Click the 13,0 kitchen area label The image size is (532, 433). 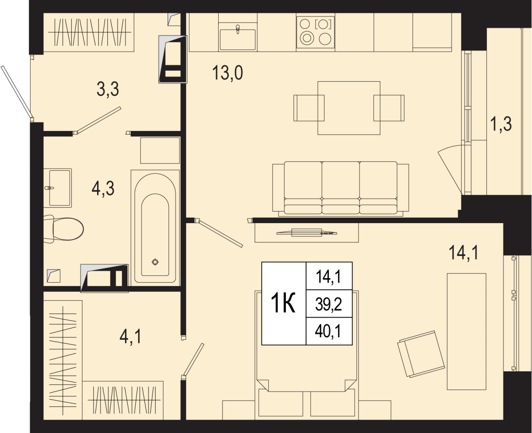pos(227,73)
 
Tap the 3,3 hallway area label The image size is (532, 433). pos(108,89)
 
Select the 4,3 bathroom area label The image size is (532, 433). pos(103,189)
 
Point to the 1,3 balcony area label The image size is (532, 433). pos(501,124)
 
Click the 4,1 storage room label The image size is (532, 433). pos(130,337)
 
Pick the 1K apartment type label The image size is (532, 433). pos(283,303)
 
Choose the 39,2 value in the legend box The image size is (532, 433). pos(329,305)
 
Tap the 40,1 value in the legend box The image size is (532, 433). pos(328,331)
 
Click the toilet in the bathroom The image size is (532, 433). pos(63,229)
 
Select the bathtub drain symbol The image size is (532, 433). pos(155,262)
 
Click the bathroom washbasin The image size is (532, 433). pos(58,188)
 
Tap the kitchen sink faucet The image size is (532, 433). pos(238,29)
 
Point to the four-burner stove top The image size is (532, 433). pos(316,32)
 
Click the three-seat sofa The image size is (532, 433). pos(340,189)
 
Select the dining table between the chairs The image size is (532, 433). pos(349,108)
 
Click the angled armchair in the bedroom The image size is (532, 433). pos(421,354)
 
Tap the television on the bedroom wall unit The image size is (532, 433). pos(307,232)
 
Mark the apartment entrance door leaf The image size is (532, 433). pos(16,92)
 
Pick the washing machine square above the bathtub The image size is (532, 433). pos(160,150)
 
